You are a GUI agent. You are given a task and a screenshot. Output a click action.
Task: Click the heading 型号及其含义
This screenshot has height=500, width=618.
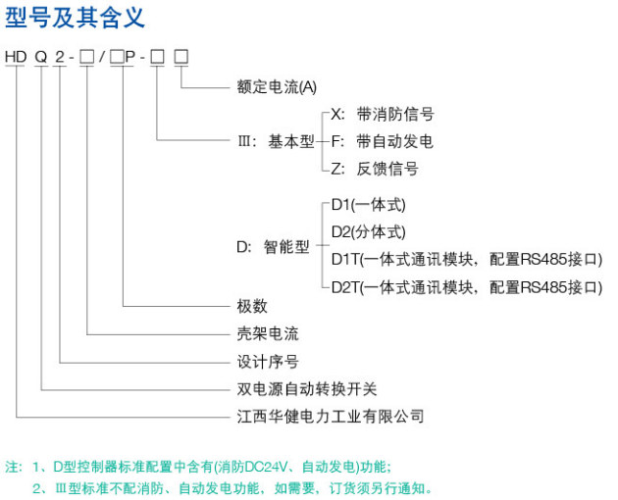coord(75,18)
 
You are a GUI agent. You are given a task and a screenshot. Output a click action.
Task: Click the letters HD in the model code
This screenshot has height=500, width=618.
coord(16,57)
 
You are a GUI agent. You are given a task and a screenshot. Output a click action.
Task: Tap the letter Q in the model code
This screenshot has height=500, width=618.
coord(41,57)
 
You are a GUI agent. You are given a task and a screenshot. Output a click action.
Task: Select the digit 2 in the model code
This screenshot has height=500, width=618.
coord(60,57)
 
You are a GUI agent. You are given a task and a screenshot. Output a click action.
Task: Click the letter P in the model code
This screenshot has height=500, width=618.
coord(130,57)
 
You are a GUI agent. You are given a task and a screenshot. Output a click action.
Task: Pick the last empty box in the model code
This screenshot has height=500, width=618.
coord(181,57)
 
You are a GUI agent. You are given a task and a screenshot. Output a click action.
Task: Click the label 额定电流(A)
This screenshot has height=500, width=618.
coord(277,86)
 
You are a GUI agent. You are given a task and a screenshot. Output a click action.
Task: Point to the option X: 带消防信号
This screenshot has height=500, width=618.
coord(383,115)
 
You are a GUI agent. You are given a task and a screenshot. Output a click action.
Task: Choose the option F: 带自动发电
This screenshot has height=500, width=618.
coord(383,141)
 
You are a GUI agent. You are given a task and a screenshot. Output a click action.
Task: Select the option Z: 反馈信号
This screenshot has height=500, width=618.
coord(375,169)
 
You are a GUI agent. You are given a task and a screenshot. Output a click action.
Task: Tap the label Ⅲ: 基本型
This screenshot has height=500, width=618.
coord(276,141)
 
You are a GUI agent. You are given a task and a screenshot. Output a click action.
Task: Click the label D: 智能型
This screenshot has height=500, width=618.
coord(273,247)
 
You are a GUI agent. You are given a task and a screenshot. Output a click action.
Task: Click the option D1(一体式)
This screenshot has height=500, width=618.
coord(369,205)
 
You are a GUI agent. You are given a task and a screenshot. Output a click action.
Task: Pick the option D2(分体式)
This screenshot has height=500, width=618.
coord(369,232)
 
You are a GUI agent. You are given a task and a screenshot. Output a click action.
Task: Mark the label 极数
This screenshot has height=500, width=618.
coord(252,306)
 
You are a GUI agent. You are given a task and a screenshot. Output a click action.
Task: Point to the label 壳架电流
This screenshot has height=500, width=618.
coord(268,333)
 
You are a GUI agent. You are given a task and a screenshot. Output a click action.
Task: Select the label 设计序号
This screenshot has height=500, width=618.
coord(268,362)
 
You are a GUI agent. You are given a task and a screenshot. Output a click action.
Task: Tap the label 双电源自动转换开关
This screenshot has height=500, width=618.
coord(307,389)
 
